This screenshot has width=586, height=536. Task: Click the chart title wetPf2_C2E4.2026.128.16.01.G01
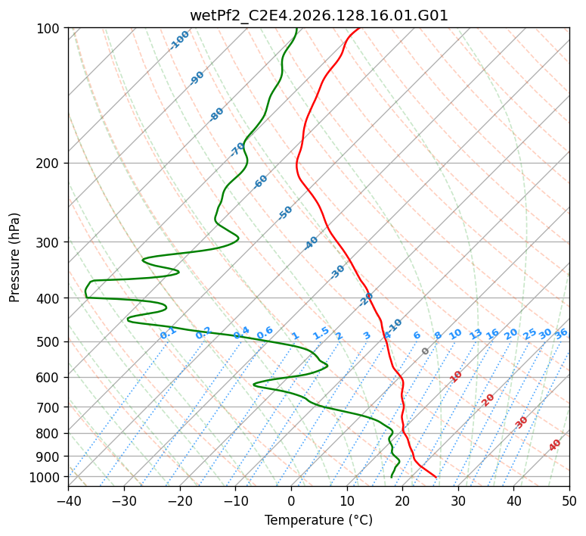point(319,15)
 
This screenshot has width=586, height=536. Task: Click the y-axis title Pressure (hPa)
point(14,257)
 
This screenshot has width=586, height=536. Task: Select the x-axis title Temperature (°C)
point(318,520)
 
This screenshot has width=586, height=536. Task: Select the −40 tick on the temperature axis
point(68,500)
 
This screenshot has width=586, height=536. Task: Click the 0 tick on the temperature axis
point(292,500)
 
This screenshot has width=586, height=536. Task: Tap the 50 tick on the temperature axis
point(569,500)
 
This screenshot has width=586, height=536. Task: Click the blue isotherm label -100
point(179,40)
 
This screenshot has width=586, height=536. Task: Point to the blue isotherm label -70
point(237,149)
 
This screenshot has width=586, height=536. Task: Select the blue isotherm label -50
point(285,213)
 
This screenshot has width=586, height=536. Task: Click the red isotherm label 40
point(555,445)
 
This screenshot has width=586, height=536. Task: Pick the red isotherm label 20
point(488,400)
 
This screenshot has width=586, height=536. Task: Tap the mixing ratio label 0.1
point(168,333)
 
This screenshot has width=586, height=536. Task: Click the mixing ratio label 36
point(561,334)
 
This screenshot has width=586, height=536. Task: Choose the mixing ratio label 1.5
point(321,333)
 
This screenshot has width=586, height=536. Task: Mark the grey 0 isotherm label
point(425,351)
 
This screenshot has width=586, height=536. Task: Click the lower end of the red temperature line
point(436,477)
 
